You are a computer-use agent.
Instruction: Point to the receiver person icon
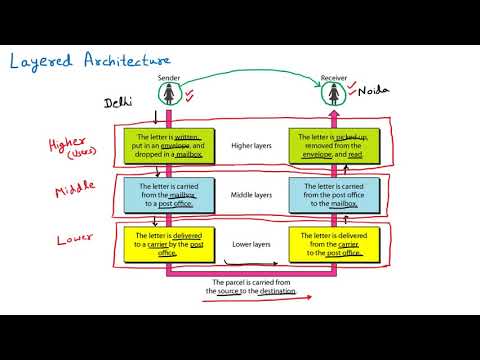(333, 96)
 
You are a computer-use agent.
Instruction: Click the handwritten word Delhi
(121, 102)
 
